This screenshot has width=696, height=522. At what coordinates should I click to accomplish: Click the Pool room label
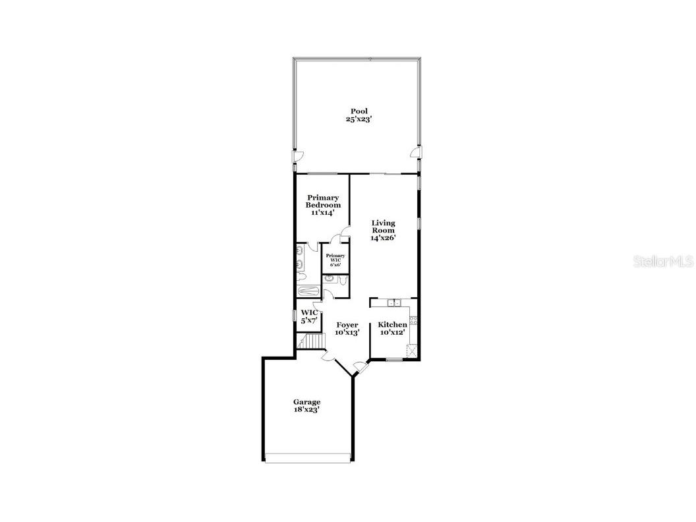[x=359, y=111]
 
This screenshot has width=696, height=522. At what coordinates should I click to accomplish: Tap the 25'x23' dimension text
[x=359, y=119]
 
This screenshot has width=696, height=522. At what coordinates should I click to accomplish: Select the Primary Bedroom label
[x=323, y=201]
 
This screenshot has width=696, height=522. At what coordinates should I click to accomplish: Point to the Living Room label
[x=383, y=227]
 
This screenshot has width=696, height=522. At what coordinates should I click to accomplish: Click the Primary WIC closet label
[x=335, y=259]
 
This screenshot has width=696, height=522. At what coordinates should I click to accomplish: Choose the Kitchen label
[x=392, y=325]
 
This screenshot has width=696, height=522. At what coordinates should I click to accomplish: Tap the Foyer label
[x=347, y=325]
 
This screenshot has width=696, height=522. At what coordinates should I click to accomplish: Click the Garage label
[x=306, y=402]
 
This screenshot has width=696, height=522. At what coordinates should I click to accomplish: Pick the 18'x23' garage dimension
[x=306, y=410]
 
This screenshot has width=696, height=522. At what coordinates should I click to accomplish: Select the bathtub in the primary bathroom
[x=307, y=291]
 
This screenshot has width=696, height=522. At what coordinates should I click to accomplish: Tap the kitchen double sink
[x=395, y=303]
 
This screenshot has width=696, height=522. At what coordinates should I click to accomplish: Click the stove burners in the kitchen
[x=413, y=321]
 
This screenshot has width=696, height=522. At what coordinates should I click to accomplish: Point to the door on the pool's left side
[x=298, y=156]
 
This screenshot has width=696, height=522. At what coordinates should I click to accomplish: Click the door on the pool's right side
[x=415, y=154]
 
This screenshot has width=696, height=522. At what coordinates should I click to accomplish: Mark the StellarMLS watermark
[x=663, y=262]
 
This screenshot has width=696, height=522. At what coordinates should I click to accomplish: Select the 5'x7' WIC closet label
[x=310, y=316]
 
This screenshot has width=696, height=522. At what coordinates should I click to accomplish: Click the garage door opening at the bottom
[x=308, y=457]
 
